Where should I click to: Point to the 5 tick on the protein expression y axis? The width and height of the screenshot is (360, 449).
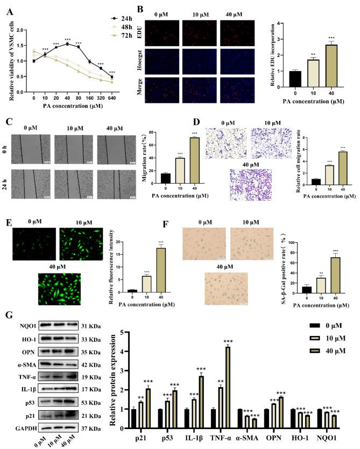click(x=122, y=333)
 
